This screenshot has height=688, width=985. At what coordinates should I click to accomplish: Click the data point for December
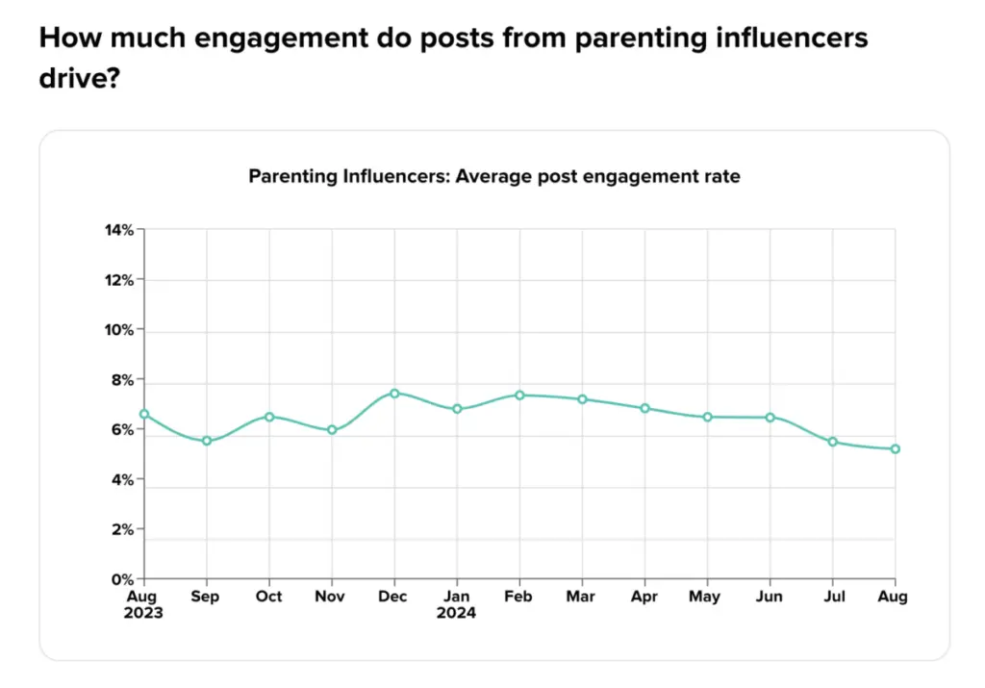click(394, 393)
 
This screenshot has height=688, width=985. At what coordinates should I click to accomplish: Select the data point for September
click(206, 441)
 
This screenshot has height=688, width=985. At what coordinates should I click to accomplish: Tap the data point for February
click(519, 395)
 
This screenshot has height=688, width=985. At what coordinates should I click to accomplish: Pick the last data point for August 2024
click(895, 448)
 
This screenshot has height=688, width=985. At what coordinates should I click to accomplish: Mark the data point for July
click(833, 442)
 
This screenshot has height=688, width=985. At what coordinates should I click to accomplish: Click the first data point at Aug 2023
click(144, 414)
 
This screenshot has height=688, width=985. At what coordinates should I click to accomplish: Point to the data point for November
click(332, 429)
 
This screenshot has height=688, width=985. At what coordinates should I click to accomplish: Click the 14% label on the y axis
click(119, 230)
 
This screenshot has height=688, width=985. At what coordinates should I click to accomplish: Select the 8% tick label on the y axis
click(122, 380)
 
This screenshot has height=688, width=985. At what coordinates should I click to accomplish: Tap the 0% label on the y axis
click(122, 579)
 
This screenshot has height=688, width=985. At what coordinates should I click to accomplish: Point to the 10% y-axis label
click(119, 330)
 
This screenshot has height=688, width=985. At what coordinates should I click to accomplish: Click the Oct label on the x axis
click(268, 597)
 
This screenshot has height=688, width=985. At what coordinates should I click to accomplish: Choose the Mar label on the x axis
click(582, 597)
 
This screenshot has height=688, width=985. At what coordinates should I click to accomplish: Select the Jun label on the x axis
click(770, 597)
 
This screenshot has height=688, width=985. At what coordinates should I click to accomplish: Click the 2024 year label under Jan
click(457, 613)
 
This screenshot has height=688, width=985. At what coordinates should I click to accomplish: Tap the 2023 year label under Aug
click(144, 613)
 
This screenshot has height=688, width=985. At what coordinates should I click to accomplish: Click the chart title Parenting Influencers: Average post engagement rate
click(494, 176)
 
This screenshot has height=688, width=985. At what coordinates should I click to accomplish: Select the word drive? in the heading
click(79, 79)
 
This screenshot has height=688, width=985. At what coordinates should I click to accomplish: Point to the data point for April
click(644, 408)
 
